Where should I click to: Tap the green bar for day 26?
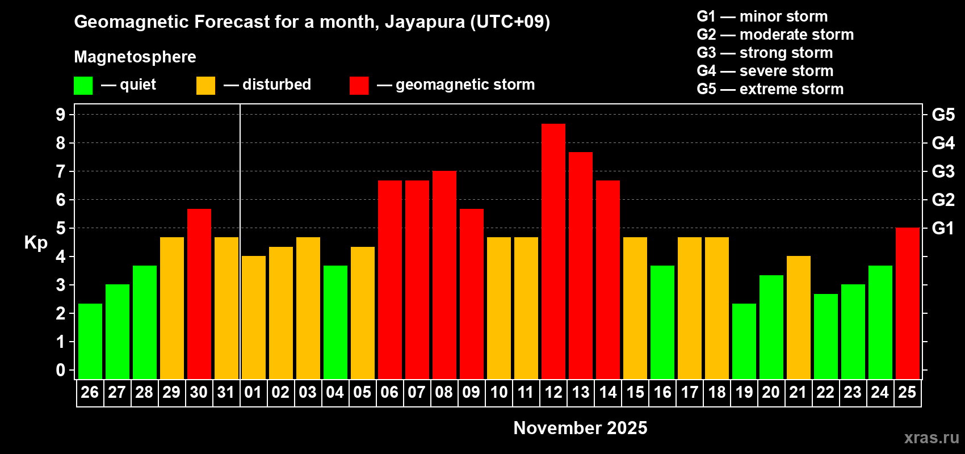coord(90,341)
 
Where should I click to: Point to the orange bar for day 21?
coord(799,317)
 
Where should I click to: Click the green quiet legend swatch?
coord(83,86)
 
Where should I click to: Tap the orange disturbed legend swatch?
coord(205,86)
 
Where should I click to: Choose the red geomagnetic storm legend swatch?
coord(359,86)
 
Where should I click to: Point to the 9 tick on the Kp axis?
coord(61,115)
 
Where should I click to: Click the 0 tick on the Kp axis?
coord(61,371)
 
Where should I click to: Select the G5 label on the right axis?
coord(943,115)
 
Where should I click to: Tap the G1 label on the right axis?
coord(943,228)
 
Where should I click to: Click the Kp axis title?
coord(36,243)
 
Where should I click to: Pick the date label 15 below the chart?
coord(635,393)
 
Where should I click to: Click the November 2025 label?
coord(580,428)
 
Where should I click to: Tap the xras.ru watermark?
coord(932,438)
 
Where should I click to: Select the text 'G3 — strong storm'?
coord(765,53)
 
